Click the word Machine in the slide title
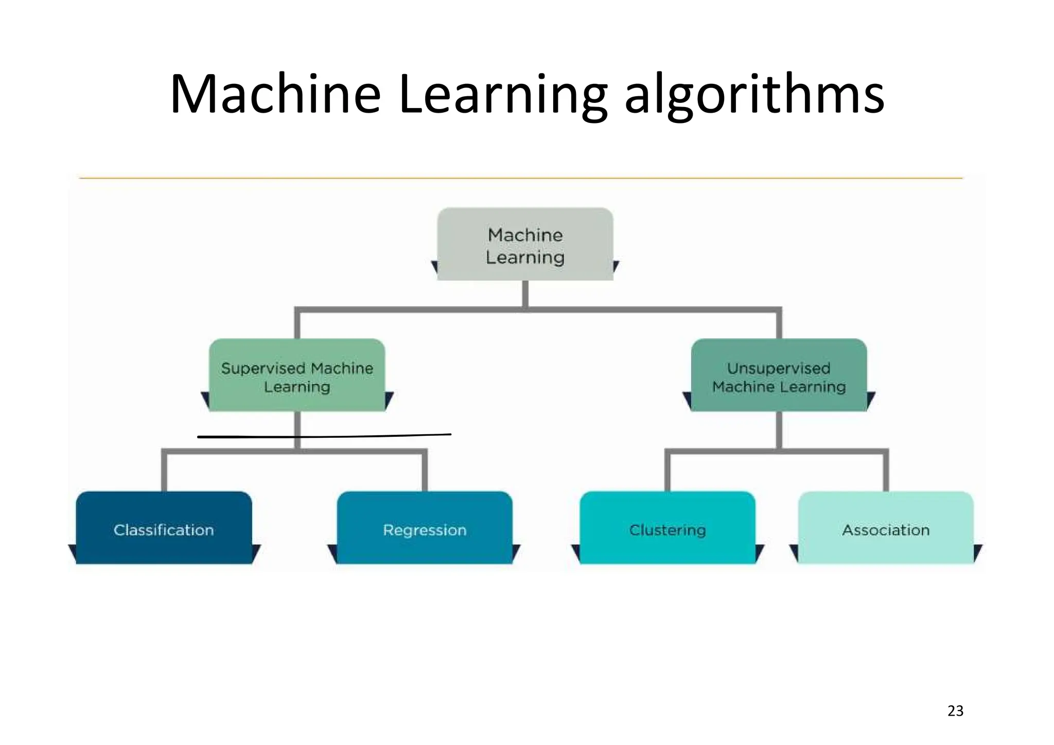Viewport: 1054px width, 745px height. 275,95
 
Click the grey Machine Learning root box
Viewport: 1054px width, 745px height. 525,244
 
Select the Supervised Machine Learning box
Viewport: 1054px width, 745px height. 297,376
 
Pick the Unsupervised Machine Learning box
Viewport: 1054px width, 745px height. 779,376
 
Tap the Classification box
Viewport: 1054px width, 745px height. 164,528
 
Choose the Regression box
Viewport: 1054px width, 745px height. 425,528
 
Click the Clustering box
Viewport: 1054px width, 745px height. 667,528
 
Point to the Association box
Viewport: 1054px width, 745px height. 886,528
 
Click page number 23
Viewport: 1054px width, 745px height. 955,711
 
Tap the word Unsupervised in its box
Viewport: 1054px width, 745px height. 779,368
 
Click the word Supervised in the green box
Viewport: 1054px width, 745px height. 263,368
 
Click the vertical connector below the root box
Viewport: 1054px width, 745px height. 525,294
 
